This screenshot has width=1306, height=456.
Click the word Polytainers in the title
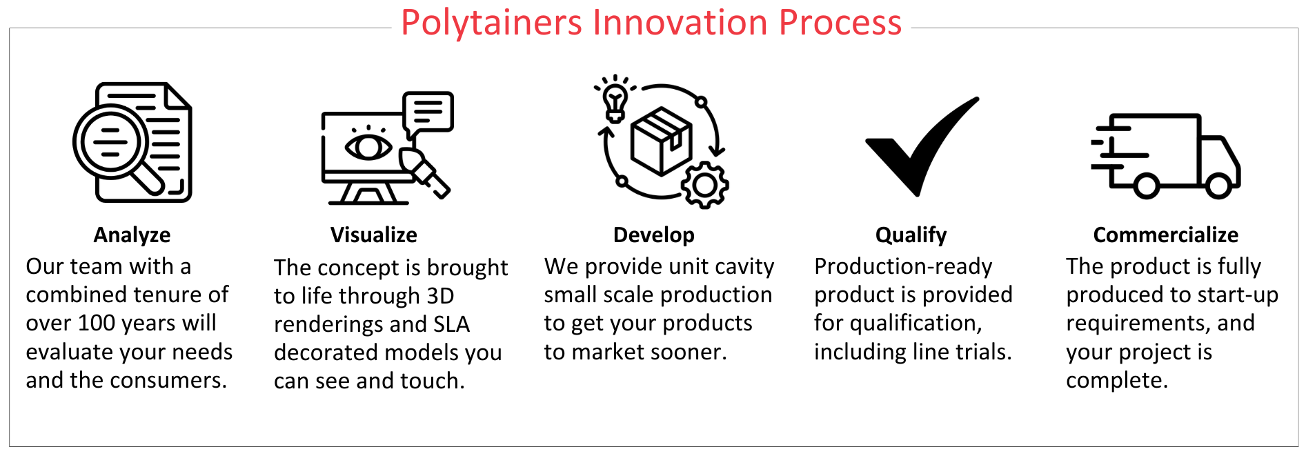pos(491,23)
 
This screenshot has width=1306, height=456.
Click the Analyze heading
pos(132,235)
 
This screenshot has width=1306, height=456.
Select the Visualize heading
pos(373,235)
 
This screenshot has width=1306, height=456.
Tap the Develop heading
pos(653,235)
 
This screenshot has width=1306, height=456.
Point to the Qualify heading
pos(911,235)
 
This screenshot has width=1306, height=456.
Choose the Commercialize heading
pos(1165,235)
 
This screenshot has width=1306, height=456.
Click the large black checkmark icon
pos(922,146)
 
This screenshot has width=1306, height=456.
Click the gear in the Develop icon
pos(704,185)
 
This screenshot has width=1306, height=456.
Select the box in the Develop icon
pos(661,141)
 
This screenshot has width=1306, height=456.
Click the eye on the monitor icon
pos(368,146)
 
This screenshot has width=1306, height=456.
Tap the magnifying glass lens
pos(110,143)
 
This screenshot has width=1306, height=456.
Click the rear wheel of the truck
pos(1146,186)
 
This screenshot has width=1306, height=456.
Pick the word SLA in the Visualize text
pos(451,324)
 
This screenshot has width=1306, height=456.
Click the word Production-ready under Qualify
pos(903,267)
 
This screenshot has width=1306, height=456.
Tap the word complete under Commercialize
pos(1116,380)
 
